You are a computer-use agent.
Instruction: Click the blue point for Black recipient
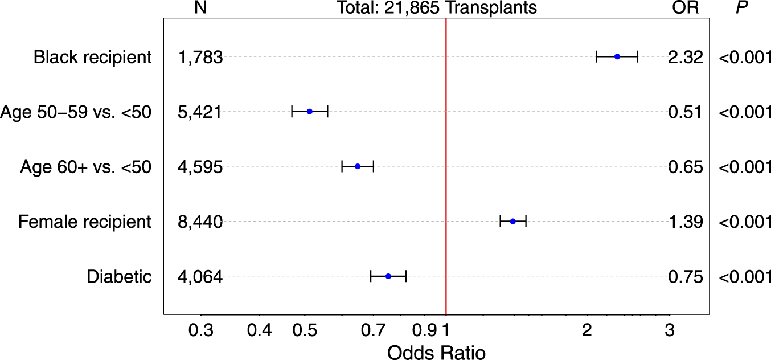617,56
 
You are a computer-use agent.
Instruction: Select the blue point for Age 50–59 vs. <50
310,111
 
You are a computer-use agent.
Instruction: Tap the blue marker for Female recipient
512,221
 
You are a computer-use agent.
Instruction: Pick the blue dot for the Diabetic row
388,276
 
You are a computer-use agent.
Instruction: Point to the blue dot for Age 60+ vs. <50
358,166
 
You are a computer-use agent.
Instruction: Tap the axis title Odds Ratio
437,351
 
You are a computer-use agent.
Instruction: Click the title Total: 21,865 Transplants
437,8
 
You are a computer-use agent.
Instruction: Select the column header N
200,8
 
